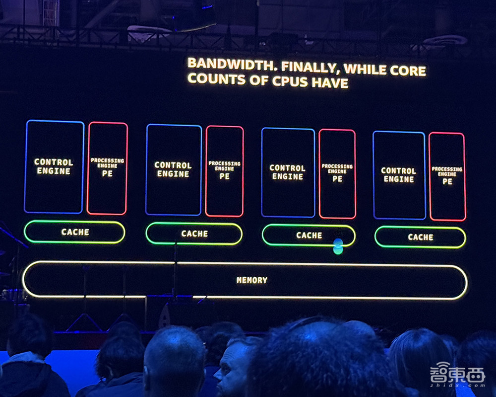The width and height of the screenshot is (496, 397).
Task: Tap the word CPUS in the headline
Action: pyautogui.click(x=290, y=81)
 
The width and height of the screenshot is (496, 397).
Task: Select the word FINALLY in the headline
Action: pyautogui.click(x=310, y=68)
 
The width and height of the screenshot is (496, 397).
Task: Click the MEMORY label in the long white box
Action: pyautogui.click(x=252, y=280)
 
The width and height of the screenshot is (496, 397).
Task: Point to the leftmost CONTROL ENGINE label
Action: pyautogui.click(x=54, y=166)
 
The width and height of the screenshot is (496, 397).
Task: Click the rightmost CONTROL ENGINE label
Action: pyautogui.click(x=399, y=175)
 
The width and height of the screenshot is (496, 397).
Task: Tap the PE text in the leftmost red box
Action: pyautogui.click(x=107, y=173)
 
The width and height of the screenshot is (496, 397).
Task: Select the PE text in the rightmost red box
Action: pyautogui.click(x=447, y=181)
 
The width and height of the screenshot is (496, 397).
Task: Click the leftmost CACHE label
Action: pyautogui.click(x=75, y=232)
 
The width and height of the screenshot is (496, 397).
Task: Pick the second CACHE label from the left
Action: pyautogui.click(x=194, y=234)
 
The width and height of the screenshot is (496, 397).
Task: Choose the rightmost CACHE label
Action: pyautogui.click(x=421, y=238)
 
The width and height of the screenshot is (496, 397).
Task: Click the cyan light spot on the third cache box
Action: pyautogui.click(x=338, y=246)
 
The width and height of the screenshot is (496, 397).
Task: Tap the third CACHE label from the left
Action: pyautogui.click(x=309, y=236)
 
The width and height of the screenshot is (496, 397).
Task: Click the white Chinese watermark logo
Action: pyautogui.click(x=457, y=373)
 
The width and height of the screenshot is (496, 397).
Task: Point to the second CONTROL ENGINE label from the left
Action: pyautogui.click(x=173, y=169)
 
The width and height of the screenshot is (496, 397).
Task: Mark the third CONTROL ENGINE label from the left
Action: pyautogui.click(x=288, y=172)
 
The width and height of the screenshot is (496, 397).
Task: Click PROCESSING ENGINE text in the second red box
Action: pyautogui.click(x=225, y=166)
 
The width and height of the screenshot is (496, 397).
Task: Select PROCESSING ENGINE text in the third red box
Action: pyautogui.click(x=337, y=169)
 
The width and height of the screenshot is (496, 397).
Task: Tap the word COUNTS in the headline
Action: pyautogui.click(x=217, y=79)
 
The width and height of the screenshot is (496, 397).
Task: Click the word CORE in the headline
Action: pyautogui.click(x=408, y=71)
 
